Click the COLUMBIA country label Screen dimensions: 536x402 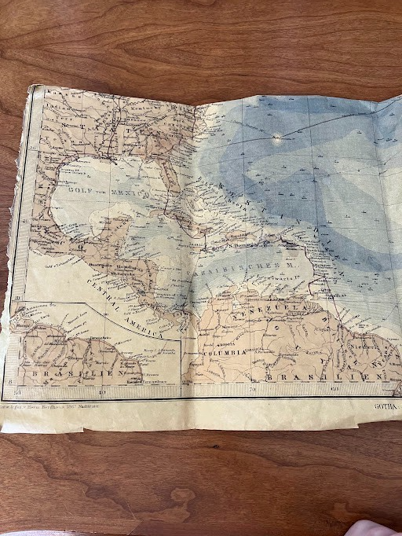(227, 354)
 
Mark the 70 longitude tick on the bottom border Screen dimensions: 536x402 (253, 389)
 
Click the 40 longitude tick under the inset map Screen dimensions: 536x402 (100, 392)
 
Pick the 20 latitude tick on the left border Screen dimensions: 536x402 (26, 222)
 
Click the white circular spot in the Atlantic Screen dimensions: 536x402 (276, 138)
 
